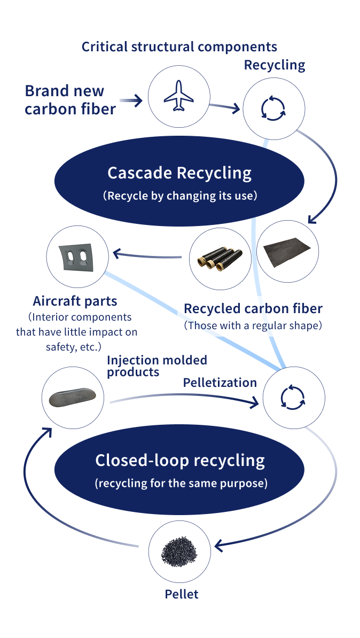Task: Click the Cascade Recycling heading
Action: pos(179,173)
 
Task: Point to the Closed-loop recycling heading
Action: pos(180,460)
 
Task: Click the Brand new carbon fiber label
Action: pos(70,100)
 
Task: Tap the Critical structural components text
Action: pos(179,46)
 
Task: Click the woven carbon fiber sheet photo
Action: pos(287,252)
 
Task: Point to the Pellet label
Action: pos(181,594)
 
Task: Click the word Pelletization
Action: pos(220,383)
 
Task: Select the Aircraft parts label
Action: pos(75,301)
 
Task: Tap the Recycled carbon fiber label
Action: pos(253,308)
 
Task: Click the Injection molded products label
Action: pos(157,366)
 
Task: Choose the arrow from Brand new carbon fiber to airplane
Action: pos(131,100)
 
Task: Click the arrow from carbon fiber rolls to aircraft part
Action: pos(147,255)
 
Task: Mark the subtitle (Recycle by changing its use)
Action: pos(179,196)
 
